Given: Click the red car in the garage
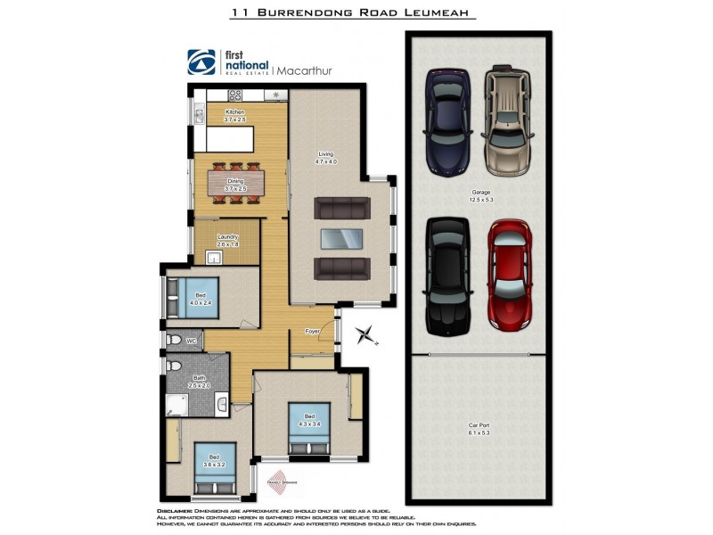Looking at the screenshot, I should pyautogui.click(x=509, y=274).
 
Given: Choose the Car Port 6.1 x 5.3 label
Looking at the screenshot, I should pyautogui.click(x=479, y=429).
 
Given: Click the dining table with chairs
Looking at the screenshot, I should pyautogui.click(x=236, y=183).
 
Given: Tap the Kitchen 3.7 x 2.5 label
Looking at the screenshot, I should pyautogui.click(x=234, y=115).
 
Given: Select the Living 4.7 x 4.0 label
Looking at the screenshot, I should pyautogui.click(x=325, y=158).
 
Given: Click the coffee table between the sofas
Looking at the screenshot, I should pyautogui.click(x=341, y=238).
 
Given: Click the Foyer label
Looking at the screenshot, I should pyautogui.click(x=312, y=332).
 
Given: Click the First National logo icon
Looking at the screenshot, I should pyautogui.click(x=201, y=62).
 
